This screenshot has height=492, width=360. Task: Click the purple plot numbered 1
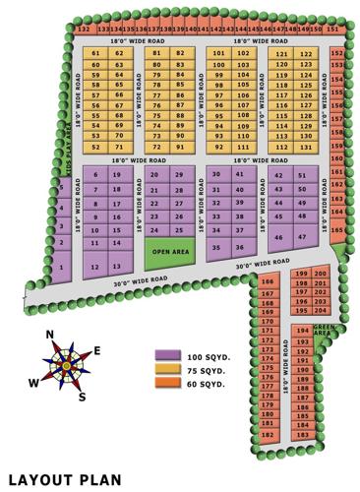[62, 267]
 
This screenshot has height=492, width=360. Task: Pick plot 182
[267, 434]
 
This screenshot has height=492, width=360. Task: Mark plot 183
[302, 434]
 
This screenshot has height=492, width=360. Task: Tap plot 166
[267, 281]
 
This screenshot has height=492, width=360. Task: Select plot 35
[216, 248]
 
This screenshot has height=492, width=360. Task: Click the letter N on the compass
[50, 335]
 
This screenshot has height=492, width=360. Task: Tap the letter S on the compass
[83, 396]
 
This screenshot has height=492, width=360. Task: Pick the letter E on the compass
[95, 350]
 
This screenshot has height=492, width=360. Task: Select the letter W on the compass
[34, 382]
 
